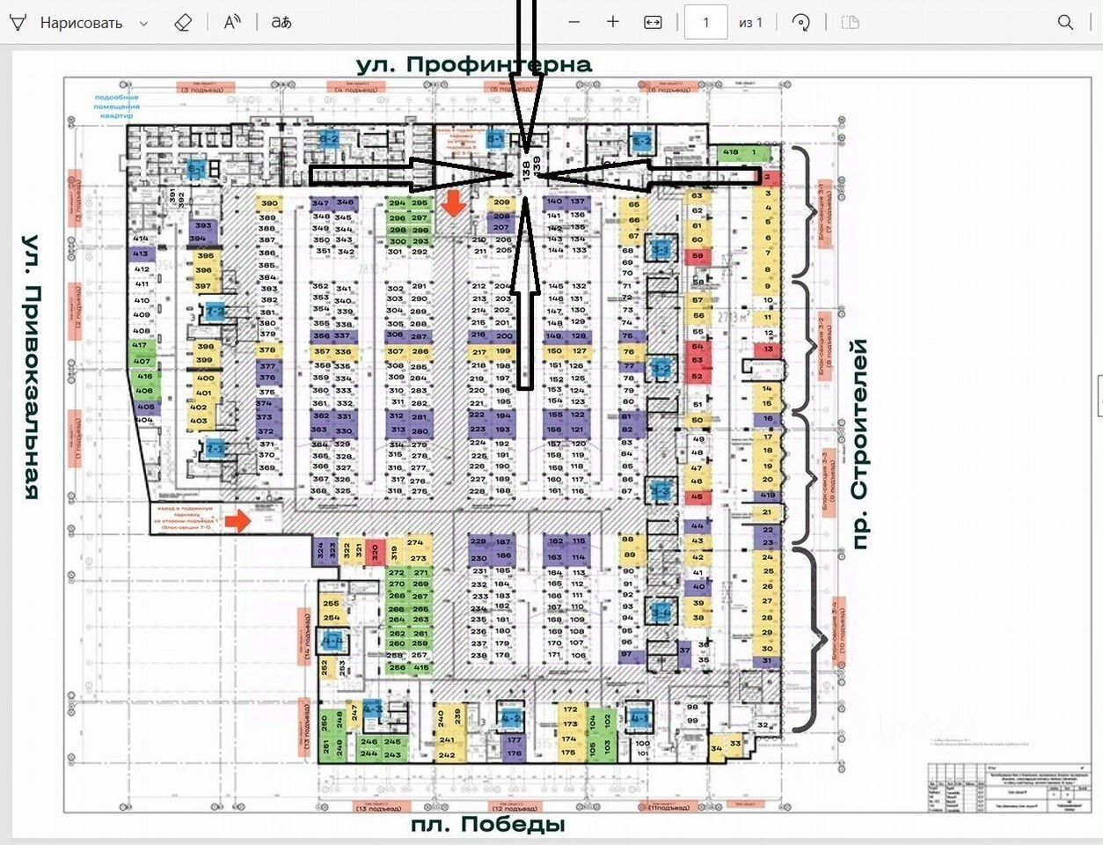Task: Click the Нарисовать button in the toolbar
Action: click(x=80, y=23)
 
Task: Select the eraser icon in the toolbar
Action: click(x=183, y=23)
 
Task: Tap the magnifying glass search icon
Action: click(x=1065, y=23)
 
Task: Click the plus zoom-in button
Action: click(x=613, y=23)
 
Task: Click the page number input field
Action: click(x=705, y=23)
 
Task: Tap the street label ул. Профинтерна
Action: click(x=474, y=64)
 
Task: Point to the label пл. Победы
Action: click(x=488, y=825)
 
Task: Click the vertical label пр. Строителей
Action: click(x=860, y=445)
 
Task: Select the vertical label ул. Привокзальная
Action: click(x=32, y=366)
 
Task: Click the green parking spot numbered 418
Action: click(x=731, y=152)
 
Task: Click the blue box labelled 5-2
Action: click(x=642, y=141)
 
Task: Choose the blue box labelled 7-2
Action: click(x=215, y=312)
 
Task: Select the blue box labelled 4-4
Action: click(x=332, y=642)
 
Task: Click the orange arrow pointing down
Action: click(x=453, y=204)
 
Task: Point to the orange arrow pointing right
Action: click(x=236, y=521)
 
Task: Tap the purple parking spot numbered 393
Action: click(x=203, y=226)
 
